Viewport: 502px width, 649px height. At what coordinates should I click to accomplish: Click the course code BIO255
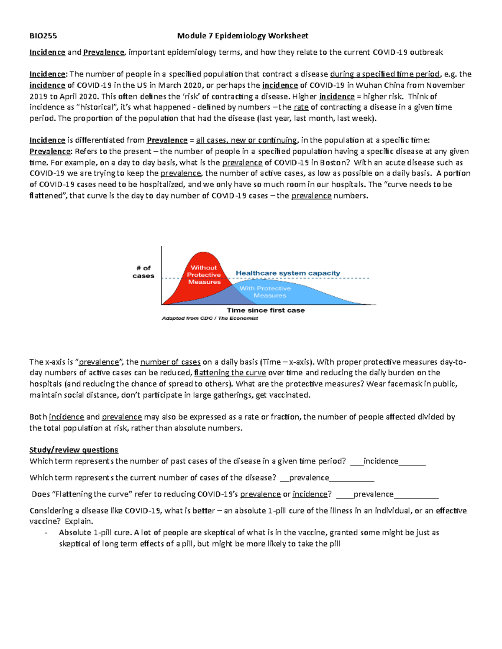[x=43, y=36]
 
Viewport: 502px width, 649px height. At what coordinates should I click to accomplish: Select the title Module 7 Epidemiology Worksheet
[x=243, y=36]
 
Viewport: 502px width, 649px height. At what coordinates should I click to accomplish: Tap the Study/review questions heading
[x=74, y=450]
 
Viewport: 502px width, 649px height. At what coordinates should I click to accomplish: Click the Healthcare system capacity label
[x=288, y=273]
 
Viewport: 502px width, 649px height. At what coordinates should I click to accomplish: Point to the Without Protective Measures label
[x=204, y=275]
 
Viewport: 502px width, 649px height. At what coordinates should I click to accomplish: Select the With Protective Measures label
[x=265, y=292]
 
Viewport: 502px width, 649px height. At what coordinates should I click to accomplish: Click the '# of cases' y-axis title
[x=143, y=272]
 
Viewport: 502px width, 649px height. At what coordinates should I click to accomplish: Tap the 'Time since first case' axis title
[x=266, y=310]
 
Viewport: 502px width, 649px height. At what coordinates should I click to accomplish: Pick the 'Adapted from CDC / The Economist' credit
[x=210, y=318]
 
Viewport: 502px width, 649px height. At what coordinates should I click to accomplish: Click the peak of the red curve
[x=203, y=253]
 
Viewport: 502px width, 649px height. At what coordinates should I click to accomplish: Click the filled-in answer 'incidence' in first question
[x=381, y=461]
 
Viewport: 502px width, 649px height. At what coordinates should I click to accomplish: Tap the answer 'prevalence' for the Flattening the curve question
[x=374, y=494]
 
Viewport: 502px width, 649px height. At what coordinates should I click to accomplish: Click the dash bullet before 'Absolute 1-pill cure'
[x=46, y=533]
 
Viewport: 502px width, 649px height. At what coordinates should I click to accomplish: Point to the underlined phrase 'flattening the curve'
[x=230, y=373]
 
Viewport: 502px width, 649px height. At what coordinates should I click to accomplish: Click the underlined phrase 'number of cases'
[x=170, y=362]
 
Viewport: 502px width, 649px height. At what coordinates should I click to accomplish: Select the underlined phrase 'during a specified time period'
[x=385, y=74]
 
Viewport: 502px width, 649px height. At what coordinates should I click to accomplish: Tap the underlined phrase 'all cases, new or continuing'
[x=246, y=140]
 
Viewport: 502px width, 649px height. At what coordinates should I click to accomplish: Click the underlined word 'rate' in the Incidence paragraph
[x=301, y=107]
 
